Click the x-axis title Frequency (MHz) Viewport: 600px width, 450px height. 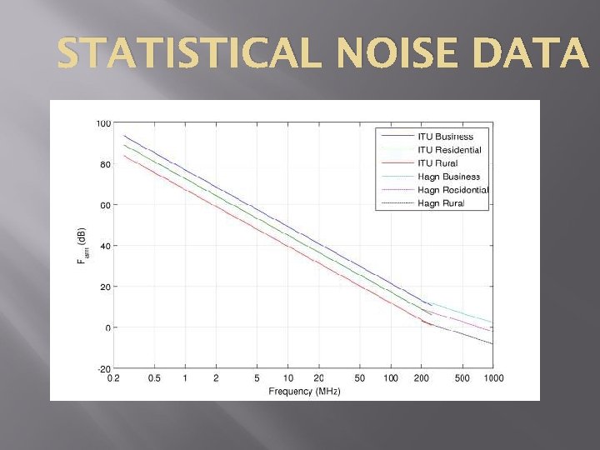click(x=304, y=391)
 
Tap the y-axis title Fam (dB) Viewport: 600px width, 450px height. click(x=81, y=247)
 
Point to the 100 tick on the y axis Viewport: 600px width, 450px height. click(x=103, y=123)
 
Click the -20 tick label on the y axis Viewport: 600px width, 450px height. click(x=103, y=368)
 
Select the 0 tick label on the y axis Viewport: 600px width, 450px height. click(x=107, y=327)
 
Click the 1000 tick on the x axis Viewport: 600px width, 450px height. click(x=493, y=378)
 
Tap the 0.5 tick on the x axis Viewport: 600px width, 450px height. click(x=154, y=378)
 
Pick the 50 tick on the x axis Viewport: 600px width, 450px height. click(x=360, y=378)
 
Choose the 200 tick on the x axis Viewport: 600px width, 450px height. click(x=422, y=378)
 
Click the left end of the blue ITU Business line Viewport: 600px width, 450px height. click(x=124, y=135)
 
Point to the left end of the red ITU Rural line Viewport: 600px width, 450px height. click(x=124, y=156)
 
